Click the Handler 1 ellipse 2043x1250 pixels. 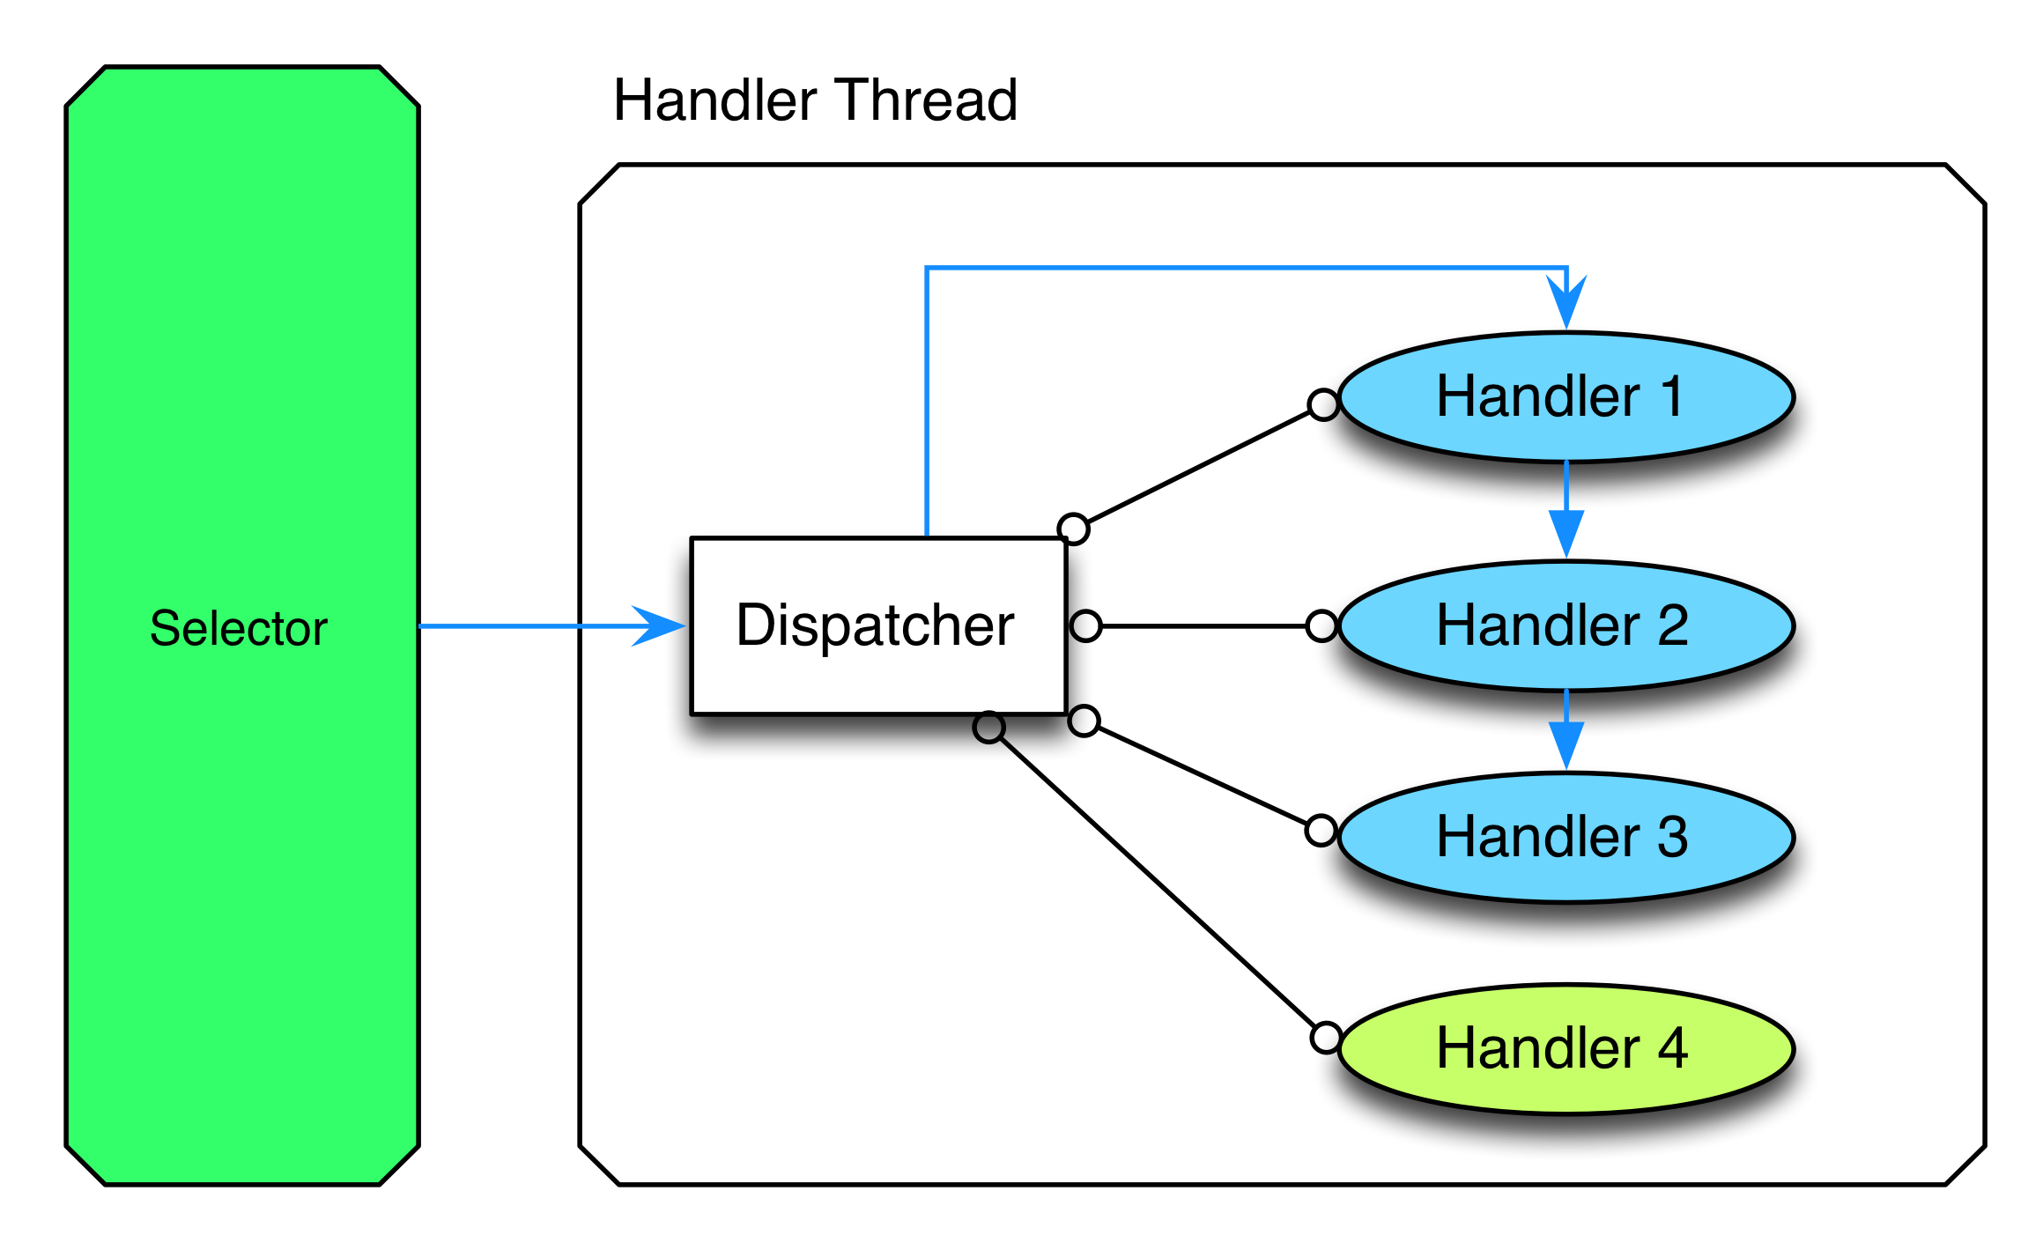coord(1566,397)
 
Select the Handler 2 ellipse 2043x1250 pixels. coord(1566,626)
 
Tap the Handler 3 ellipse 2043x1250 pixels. coord(1566,838)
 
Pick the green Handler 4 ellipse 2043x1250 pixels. coord(1566,1049)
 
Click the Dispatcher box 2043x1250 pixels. coord(878,625)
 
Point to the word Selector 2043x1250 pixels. coord(239,628)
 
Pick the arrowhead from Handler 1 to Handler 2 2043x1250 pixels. coord(1566,533)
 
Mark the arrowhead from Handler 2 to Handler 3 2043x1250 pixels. coord(1566,745)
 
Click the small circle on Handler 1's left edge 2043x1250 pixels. coord(1323,404)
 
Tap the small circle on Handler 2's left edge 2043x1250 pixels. coord(1321,626)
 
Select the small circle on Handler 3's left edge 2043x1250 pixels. coord(1321,830)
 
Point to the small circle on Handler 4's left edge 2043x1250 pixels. coord(1326,1038)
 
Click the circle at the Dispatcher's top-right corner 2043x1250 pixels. coord(1073,529)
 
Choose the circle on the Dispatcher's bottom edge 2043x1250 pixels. coord(989,727)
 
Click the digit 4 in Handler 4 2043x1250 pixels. coord(1672,1048)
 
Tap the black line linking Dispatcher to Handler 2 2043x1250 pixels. coord(1203,626)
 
